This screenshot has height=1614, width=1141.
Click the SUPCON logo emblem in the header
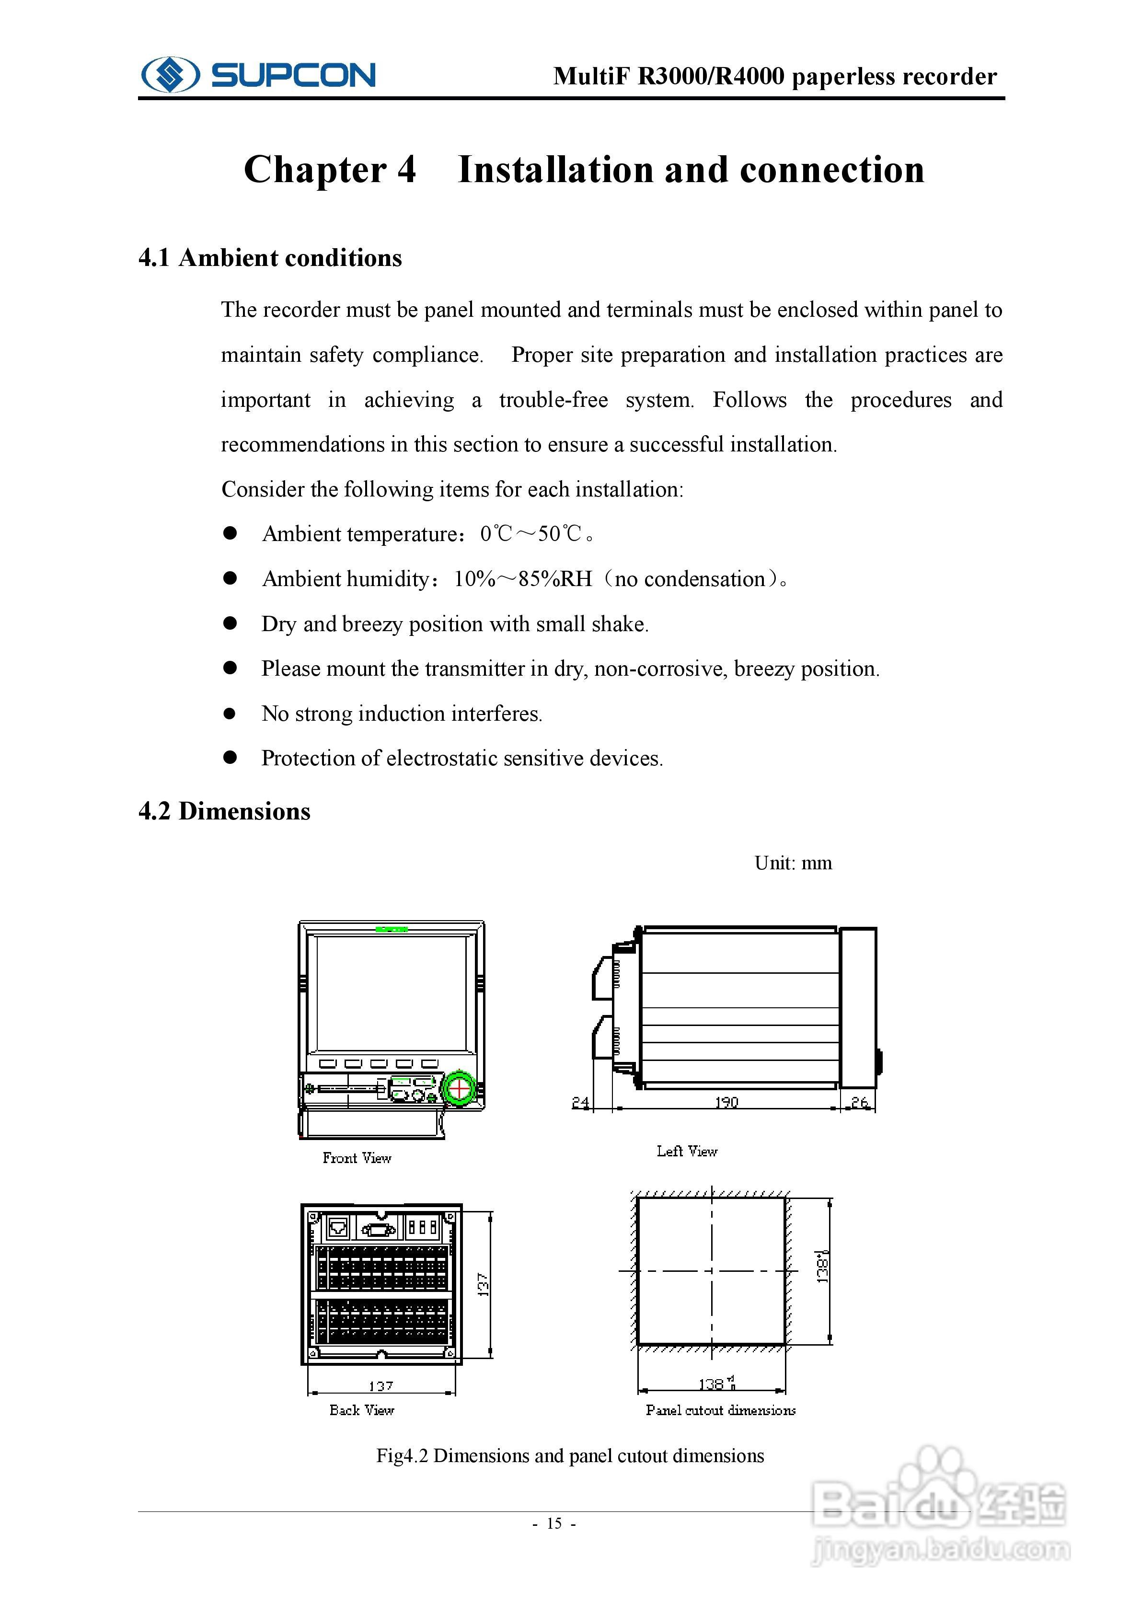pyautogui.click(x=170, y=74)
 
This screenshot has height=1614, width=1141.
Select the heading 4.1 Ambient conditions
pyautogui.click(x=270, y=258)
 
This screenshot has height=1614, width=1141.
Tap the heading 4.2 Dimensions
pyautogui.click(x=224, y=811)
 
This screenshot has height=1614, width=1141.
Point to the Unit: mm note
pyautogui.click(x=793, y=863)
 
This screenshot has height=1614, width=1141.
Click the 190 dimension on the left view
pyautogui.click(x=726, y=1102)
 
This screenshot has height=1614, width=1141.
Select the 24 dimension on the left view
pyautogui.click(x=581, y=1102)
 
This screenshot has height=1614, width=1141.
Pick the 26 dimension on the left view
pyautogui.click(x=859, y=1102)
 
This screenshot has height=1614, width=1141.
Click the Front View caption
pyautogui.click(x=357, y=1158)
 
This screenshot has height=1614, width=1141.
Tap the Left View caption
pyautogui.click(x=687, y=1151)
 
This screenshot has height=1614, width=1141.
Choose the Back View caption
pyautogui.click(x=361, y=1409)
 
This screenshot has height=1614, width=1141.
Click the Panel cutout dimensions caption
pyautogui.click(x=721, y=1409)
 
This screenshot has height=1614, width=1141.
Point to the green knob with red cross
pyautogui.click(x=459, y=1088)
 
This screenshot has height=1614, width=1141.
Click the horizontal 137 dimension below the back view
pyautogui.click(x=380, y=1385)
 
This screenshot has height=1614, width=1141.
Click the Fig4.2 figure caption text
pyautogui.click(x=569, y=1455)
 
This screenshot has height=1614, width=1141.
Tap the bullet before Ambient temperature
pyautogui.click(x=230, y=533)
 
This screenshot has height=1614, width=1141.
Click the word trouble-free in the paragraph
pyautogui.click(x=553, y=400)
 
